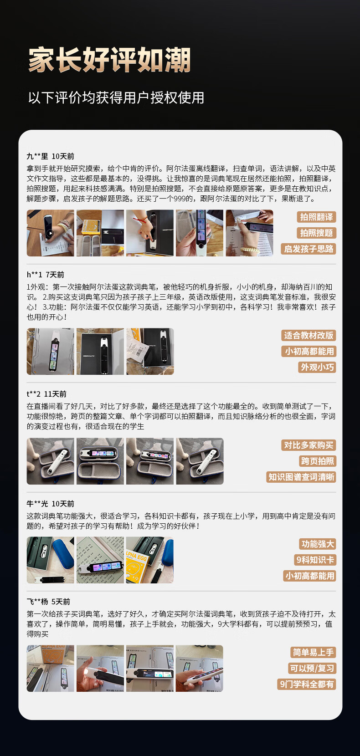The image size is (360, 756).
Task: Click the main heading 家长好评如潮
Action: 109,60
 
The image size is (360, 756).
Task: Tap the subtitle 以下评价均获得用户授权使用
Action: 116,98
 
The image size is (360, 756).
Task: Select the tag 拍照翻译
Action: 316,217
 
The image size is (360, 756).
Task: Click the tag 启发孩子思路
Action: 309,249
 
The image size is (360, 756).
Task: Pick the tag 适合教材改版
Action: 309,335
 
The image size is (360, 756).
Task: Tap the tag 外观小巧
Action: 317,367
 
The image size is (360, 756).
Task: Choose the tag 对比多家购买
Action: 309,445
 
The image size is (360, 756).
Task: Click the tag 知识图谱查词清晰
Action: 301,477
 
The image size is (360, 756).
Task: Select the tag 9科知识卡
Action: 315,560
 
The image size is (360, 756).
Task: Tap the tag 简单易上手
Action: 313,652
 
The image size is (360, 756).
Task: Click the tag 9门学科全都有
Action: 307,684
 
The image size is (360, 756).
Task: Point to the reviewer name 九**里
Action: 37,156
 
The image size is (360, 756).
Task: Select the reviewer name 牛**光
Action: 37,504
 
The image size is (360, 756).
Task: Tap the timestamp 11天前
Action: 56,394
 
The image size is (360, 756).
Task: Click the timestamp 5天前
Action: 61,602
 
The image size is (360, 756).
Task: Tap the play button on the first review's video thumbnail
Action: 50,233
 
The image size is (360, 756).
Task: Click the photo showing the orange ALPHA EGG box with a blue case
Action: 149,560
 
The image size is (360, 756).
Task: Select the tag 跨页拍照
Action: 317,461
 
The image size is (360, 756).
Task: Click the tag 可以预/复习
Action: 312,668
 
